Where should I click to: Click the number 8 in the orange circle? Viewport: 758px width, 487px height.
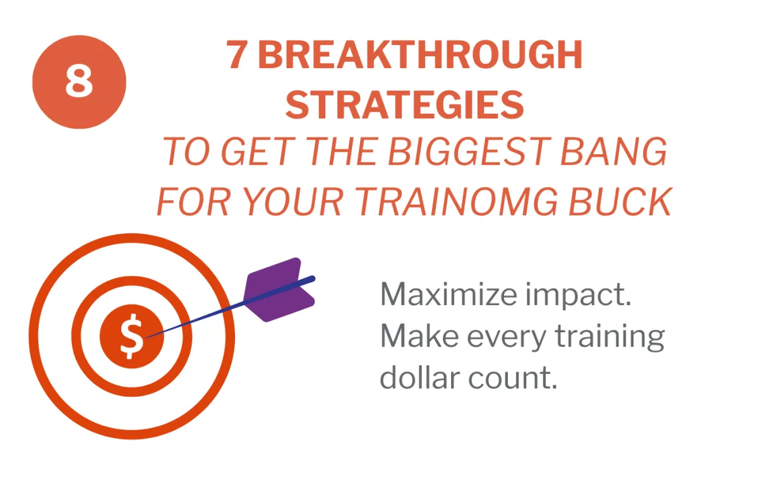79,81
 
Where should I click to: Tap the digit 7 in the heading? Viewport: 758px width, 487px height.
237,54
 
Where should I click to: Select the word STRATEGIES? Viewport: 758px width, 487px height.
405,104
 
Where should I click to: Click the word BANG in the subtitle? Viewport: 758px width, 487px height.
613,151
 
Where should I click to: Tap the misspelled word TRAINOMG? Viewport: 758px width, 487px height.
456,201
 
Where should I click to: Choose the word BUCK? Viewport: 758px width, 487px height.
620,201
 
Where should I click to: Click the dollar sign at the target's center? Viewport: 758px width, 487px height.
131,336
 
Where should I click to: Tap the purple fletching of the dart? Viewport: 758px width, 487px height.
279,290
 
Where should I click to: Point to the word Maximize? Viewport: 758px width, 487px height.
448,294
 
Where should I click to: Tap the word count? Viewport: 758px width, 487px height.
512,379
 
